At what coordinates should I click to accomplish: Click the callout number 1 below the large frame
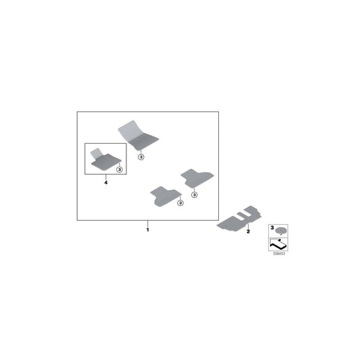point(148,230)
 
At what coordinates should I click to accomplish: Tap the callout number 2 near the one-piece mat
point(248,232)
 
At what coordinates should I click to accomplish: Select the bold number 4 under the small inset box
point(105,182)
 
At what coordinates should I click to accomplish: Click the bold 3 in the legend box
point(272,228)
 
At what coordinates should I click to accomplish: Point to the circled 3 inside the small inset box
point(120,170)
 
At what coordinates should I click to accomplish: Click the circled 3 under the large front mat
point(141,157)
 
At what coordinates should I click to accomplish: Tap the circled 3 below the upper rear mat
point(195,195)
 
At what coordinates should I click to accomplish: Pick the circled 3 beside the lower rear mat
point(180,203)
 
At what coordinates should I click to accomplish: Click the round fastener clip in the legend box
point(281,230)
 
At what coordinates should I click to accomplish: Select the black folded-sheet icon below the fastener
point(278,245)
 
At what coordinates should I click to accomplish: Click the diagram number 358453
point(279,254)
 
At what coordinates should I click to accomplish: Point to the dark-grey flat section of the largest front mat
point(143,142)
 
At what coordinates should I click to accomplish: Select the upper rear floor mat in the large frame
point(197,178)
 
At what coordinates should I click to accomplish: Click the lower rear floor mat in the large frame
point(165,196)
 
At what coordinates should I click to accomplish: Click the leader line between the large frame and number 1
point(148,224)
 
